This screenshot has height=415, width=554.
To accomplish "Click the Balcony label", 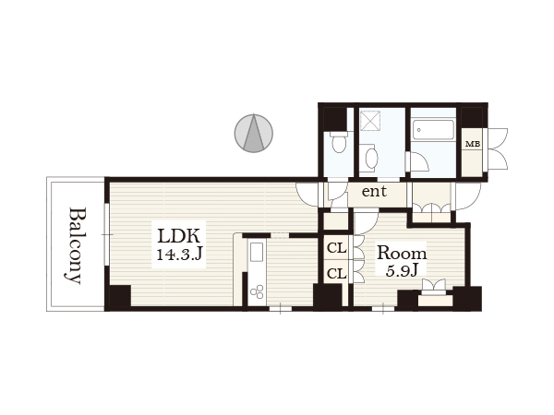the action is (x=76, y=245).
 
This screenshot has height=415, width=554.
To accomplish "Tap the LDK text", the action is (x=179, y=236).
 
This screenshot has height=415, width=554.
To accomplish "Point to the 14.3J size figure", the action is (x=179, y=254).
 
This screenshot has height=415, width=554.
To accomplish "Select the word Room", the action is (x=402, y=253).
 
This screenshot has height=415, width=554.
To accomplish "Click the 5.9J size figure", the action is (x=402, y=270).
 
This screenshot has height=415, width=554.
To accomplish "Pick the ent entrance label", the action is (x=374, y=191).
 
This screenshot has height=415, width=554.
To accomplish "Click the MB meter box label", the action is (x=473, y=144).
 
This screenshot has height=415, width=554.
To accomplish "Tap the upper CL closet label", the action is (x=337, y=248).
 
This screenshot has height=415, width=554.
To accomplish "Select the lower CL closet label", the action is (x=337, y=273).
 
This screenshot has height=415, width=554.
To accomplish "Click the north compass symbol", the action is (x=254, y=133).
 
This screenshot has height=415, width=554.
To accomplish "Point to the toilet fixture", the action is (x=339, y=142).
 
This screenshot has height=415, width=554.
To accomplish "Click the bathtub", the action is (x=434, y=129).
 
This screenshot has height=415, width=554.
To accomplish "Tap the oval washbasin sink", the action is (x=371, y=158).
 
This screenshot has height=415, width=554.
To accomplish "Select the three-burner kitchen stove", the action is (x=257, y=290).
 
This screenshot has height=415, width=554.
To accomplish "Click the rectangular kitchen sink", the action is (x=257, y=252).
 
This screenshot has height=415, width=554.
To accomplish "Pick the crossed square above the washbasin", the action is (x=370, y=120).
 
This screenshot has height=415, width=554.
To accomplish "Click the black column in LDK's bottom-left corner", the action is (x=120, y=297).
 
